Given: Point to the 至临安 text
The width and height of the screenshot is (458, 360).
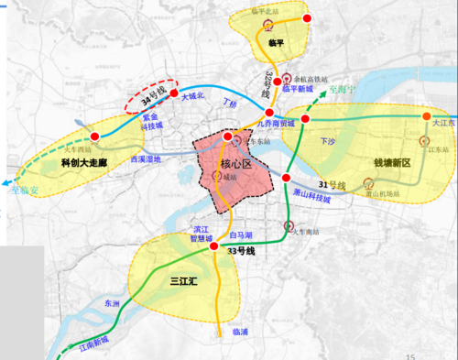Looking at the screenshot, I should (x=24, y=191).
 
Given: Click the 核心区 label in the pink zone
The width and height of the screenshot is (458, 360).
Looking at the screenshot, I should (x=235, y=164).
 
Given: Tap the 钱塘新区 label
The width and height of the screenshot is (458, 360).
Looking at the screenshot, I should (x=392, y=163).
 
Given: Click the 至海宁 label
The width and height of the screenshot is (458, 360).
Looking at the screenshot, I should (x=343, y=92).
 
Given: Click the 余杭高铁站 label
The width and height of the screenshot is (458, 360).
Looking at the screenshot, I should (x=315, y=79).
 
